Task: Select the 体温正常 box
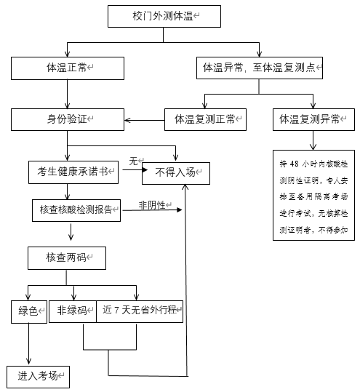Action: [x=68, y=68]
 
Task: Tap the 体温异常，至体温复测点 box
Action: [x=260, y=68]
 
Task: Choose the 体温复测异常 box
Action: [x=311, y=119]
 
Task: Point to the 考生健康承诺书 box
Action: [x=75, y=172]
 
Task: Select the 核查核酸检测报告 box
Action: [x=76, y=210]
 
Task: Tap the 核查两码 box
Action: [x=67, y=257]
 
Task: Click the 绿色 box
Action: [x=28, y=311]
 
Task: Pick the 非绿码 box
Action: [x=73, y=311]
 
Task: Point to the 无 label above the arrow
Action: [x=134, y=160]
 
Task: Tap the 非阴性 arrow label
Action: [x=153, y=206]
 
